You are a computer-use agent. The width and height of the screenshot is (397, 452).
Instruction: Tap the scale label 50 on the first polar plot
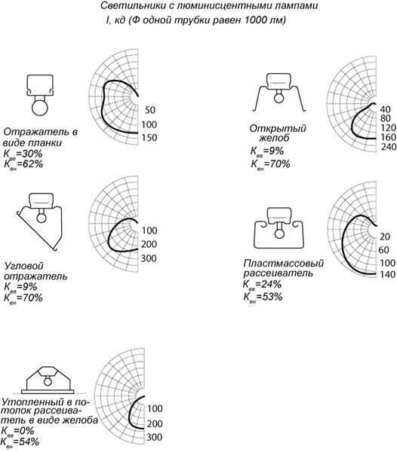point(150,110)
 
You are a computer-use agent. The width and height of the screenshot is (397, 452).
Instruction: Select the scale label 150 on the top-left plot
point(149,138)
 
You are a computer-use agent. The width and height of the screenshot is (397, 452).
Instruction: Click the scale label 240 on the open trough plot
point(388,147)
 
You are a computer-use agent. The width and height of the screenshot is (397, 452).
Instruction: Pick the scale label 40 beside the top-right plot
point(385,109)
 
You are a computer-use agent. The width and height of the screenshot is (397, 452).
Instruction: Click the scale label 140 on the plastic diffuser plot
point(388,274)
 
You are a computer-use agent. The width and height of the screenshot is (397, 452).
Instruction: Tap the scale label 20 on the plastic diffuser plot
point(385,237)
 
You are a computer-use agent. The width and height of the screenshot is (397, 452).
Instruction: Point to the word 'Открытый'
point(278,129)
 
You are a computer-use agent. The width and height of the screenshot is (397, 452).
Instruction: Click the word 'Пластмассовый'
point(284,263)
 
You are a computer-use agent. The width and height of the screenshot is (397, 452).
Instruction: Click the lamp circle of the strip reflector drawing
point(39,108)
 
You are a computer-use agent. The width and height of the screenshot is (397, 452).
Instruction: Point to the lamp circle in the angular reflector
point(42,218)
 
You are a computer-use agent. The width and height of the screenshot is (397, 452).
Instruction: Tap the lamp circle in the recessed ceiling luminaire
point(48,382)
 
